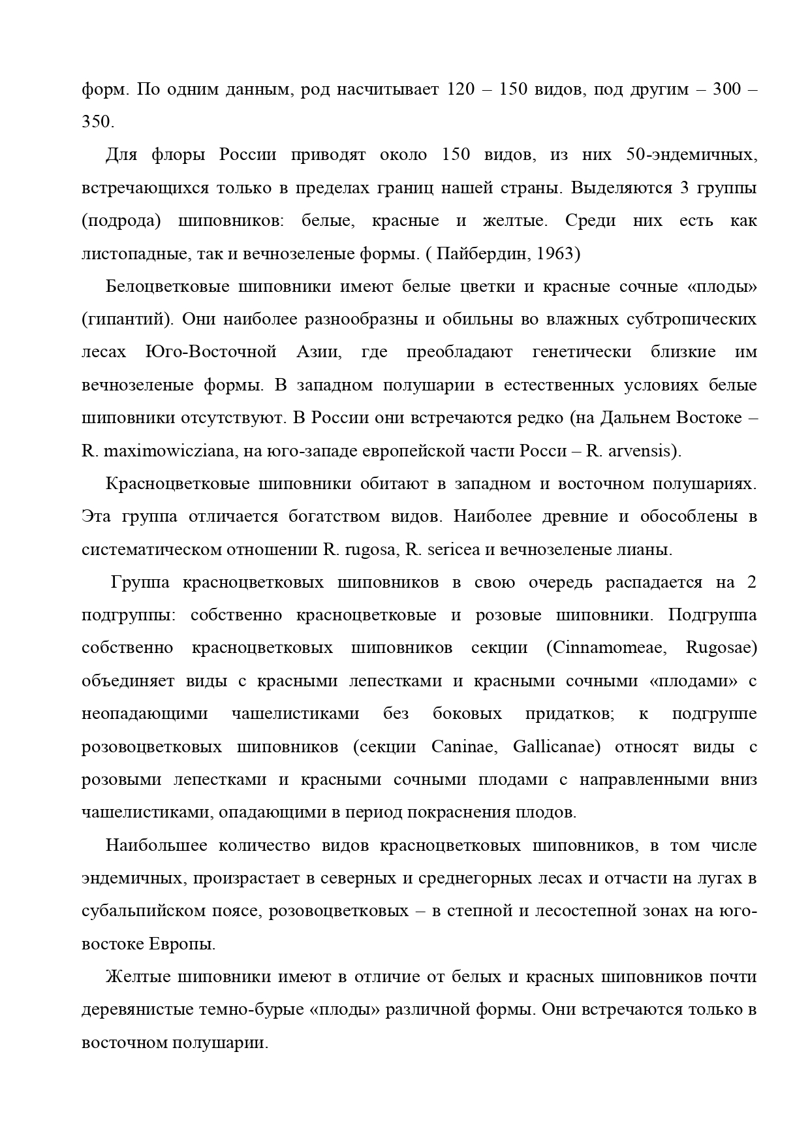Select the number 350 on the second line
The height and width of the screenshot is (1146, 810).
click(x=98, y=122)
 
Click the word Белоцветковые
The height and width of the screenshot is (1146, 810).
click(x=166, y=287)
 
